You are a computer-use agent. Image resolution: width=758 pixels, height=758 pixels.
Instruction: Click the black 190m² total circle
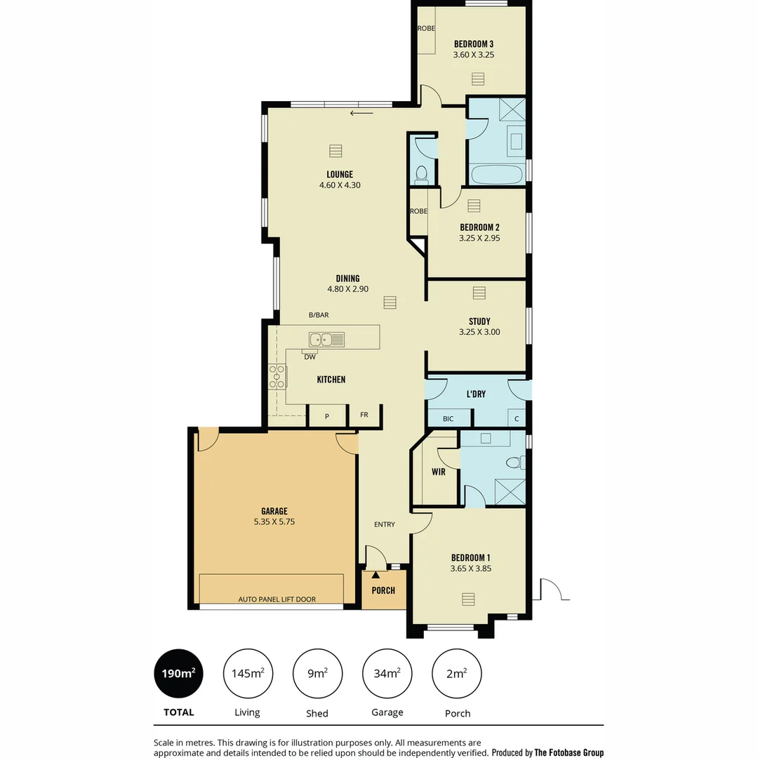tap(178, 674)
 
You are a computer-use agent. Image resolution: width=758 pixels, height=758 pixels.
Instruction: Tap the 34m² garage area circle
tap(387, 674)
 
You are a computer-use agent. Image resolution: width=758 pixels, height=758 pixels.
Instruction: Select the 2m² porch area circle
tap(457, 674)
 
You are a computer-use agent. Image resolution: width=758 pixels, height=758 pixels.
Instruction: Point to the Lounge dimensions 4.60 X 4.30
tap(340, 185)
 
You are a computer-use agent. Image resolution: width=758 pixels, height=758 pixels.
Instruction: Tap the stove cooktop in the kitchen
tap(277, 377)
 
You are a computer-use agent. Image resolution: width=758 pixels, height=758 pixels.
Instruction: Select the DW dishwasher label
tap(310, 357)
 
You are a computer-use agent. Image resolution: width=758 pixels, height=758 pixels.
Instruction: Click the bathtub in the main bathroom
tap(497, 174)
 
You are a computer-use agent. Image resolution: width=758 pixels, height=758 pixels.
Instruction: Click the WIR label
tap(439, 472)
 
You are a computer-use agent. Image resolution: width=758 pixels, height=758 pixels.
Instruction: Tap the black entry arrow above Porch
tap(375, 576)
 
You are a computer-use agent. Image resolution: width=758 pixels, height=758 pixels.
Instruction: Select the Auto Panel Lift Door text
tap(277, 599)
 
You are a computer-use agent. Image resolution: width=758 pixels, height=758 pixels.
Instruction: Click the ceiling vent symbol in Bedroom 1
tap(468, 599)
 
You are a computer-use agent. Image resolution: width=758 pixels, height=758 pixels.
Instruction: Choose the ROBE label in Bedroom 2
tap(418, 211)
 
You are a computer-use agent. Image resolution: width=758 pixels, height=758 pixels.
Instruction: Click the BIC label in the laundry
tap(448, 419)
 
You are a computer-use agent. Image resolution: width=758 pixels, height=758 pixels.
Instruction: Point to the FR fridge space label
tap(364, 415)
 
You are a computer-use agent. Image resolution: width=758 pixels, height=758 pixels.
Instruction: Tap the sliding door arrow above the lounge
tap(362, 113)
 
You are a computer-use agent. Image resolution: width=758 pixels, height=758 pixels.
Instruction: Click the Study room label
tap(479, 321)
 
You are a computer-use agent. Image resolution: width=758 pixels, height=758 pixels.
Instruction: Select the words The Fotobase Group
tap(568, 752)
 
